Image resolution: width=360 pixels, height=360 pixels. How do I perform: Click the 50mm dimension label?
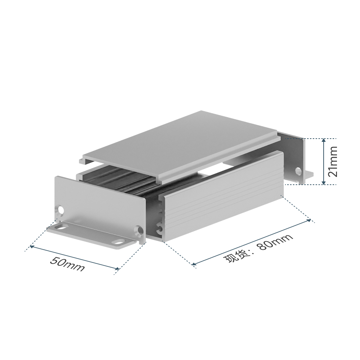(67, 264)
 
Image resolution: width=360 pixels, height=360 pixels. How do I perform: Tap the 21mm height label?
(333, 161)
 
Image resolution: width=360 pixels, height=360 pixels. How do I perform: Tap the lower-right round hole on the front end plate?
(139, 230)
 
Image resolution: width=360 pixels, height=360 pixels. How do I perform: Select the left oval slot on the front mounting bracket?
(60, 228)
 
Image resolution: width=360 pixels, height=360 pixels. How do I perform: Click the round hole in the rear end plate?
(298, 170)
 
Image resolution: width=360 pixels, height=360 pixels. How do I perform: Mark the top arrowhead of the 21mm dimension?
(324, 140)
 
